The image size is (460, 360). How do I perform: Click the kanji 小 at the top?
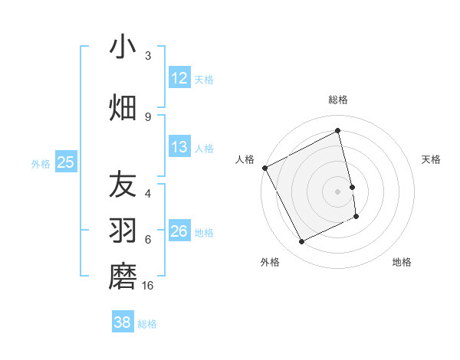tap(123, 47)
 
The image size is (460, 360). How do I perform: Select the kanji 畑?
tap(123, 107)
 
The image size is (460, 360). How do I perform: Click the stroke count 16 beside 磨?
tap(149, 286)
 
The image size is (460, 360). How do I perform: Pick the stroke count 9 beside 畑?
tap(148, 116)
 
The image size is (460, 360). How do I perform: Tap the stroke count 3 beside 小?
tap(148, 56)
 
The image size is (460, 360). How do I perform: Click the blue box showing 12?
tap(179, 78)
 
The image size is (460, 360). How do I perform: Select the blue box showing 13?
tap(179, 147)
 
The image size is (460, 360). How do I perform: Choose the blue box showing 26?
tap(179, 231)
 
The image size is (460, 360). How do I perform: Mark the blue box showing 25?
tap(65, 162)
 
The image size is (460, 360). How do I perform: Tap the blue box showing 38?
tap(123, 323)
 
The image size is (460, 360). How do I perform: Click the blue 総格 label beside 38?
tap(147, 324)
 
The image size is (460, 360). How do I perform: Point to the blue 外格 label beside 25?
tap(41, 163)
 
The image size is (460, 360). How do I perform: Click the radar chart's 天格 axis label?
tap(431, 159)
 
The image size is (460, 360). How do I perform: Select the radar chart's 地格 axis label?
tap(402, 262)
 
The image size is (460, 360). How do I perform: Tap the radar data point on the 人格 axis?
tap(265, 168)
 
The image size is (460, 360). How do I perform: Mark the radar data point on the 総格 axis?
tap(337, 131)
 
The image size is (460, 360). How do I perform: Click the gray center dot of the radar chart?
tap(337, 191)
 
